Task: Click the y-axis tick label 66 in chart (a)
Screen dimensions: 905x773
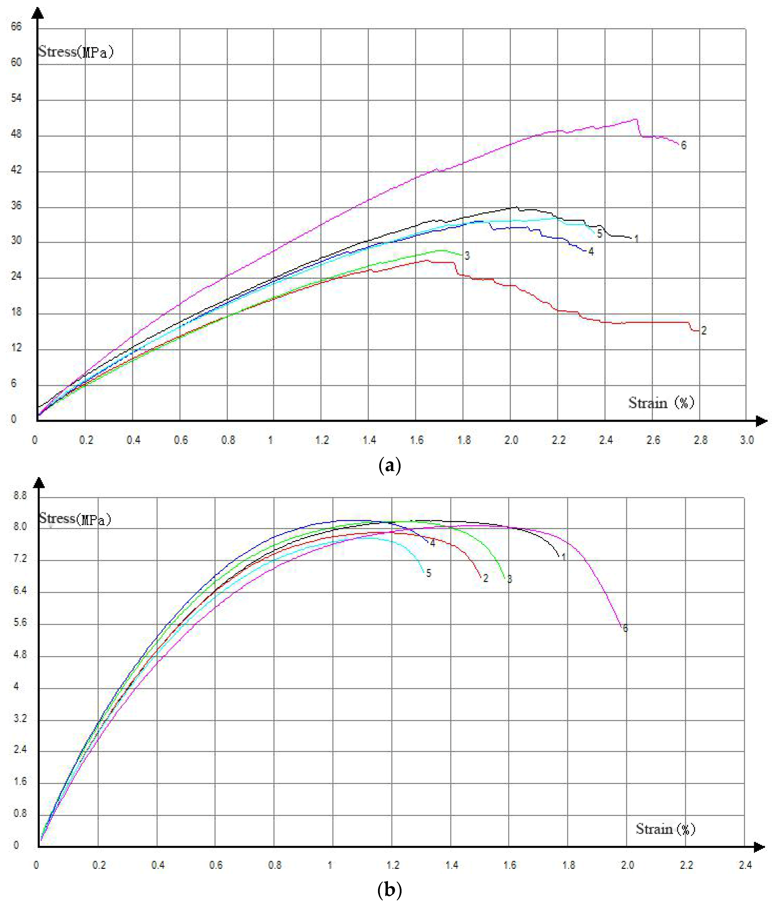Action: pyautogui.click(x=16, y=27)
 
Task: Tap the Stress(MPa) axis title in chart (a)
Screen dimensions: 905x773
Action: pyautogui.click(x=75, y=52)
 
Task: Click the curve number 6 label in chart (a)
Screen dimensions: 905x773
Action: pyautogui.click(x=683, y=146)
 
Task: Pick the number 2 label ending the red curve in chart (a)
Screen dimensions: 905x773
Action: pyautogui.click(x=704, y=331)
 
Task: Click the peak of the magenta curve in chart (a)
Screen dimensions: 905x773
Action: pyautogui.click(x=636, y=119)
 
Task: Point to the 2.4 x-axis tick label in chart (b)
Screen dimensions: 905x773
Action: pyautogui.click(x=745, y=865)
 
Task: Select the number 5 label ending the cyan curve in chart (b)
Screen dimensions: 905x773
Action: pyautogui.click(x=429, y=573)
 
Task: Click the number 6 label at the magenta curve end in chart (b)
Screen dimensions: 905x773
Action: pyautogui.click(x=625, y=628)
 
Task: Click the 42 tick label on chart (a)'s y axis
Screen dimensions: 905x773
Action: pyautogui.click(x=16, y=170)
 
